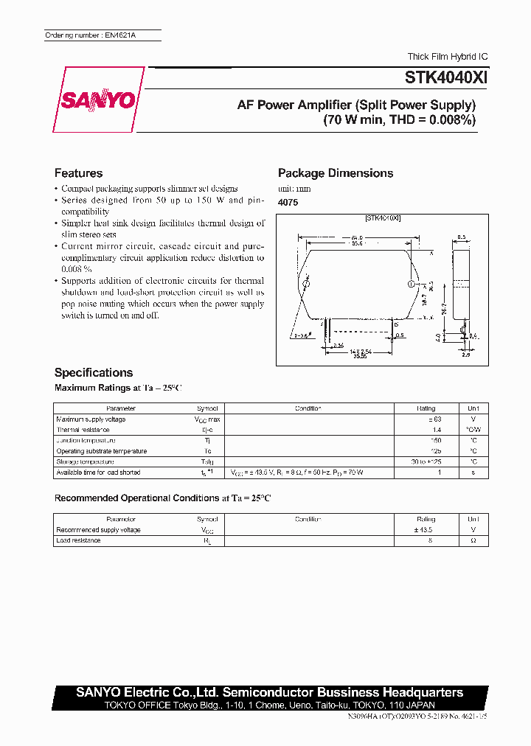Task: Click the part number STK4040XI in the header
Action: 445,77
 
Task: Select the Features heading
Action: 78,173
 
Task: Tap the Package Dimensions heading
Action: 336,173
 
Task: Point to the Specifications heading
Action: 94,372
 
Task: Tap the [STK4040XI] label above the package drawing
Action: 383,218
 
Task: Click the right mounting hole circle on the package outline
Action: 412,283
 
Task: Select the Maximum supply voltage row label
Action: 91,419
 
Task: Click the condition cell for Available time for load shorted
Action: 308,473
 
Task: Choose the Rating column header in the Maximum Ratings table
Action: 426,408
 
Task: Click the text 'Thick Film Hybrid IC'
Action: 448,57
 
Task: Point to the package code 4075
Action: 288,202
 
